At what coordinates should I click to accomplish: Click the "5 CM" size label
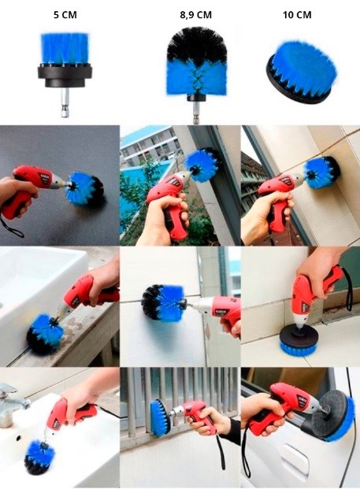65,15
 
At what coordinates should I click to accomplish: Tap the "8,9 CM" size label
195,15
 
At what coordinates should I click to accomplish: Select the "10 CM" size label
297,15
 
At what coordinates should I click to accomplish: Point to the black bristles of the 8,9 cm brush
196,43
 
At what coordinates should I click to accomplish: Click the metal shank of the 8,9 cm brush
196,113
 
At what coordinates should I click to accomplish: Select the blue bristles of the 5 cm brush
65,49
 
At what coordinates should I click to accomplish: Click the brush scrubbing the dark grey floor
84,188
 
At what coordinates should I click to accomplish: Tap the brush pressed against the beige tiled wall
322,172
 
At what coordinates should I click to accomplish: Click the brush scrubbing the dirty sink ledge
44,333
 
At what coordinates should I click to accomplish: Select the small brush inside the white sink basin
39,456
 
